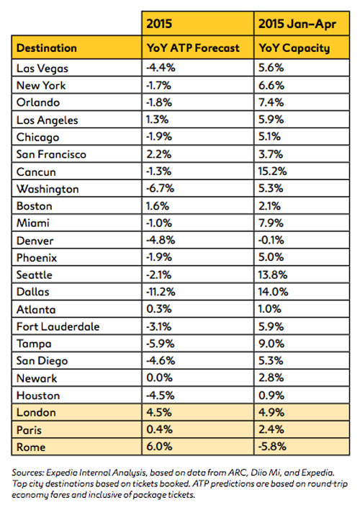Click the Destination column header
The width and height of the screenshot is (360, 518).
click(47, 48)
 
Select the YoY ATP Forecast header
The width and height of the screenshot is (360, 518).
click(193, 48)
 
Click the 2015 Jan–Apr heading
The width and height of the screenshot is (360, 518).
click(297, 24)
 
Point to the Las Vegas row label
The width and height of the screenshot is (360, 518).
click(42, 68)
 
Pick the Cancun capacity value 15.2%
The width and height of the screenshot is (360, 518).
click(272, 171)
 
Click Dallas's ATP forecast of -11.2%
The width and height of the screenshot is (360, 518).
click(161, 292)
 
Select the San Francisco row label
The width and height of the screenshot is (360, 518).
click(51, 154)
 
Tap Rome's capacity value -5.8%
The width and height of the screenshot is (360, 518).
click(272, 446)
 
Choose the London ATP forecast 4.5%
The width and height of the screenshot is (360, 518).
click(159, 412)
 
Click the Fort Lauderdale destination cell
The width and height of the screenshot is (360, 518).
click(58, 326)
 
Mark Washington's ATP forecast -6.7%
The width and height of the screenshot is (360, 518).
click(160, 188)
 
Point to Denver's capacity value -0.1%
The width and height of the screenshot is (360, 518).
click(271, 240)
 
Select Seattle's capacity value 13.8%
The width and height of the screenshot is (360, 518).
click(273, 274)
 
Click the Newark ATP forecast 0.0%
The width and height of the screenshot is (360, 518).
click(159, 378)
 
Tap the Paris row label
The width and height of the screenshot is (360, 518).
click(29, 430)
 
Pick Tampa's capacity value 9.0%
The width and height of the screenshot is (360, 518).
click(271, 343)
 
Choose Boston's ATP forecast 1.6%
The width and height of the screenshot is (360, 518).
click(158, 206)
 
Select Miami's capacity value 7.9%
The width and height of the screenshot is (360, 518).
click(271, 223)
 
